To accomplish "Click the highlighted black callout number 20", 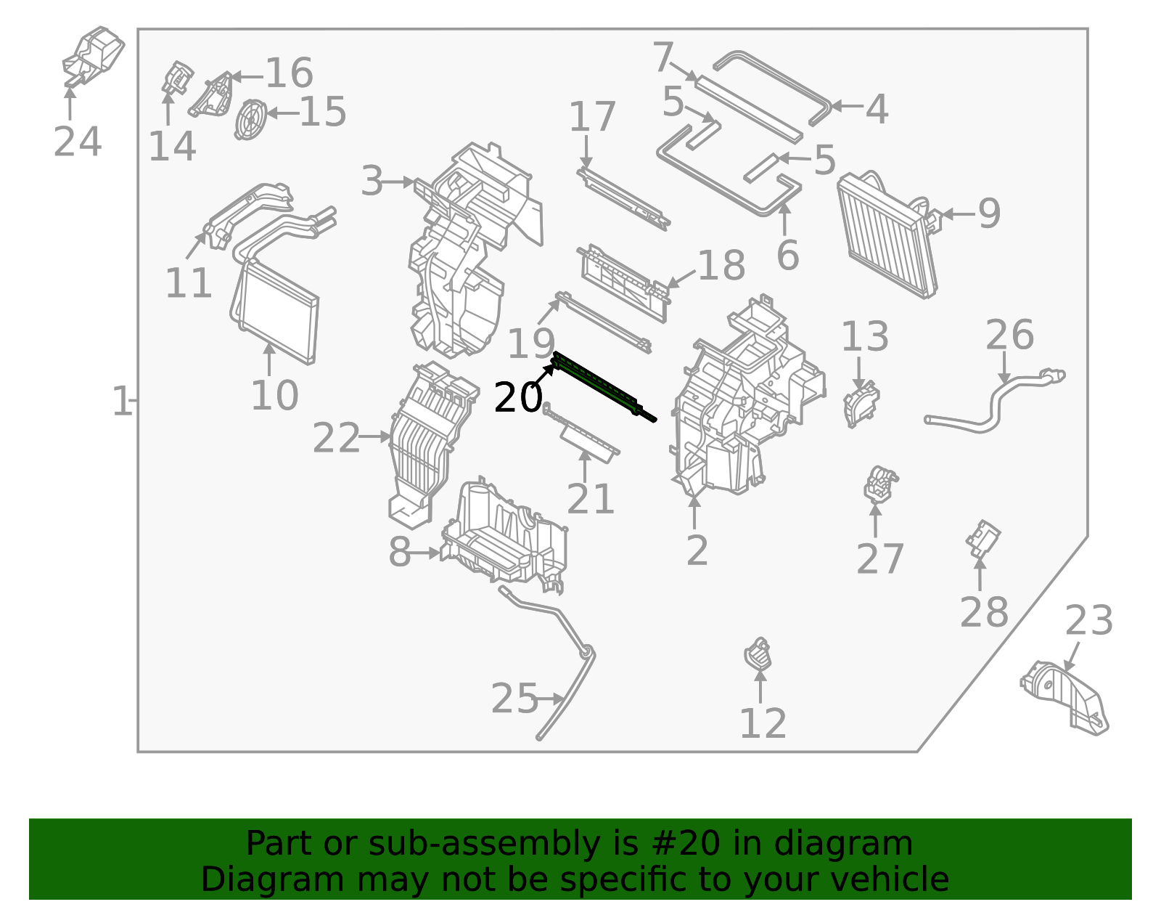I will tap(517, 398).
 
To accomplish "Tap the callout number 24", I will tap(77, 142).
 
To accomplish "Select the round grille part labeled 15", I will tap(250, 119).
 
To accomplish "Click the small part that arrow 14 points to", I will tap(176, 77).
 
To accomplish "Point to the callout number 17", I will tap(591, 118).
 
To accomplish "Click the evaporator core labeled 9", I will tap(887, 236).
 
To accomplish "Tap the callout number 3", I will tap(372, 182).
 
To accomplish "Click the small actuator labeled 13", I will tap(861, 404).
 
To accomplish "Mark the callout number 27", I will tap(879, 559).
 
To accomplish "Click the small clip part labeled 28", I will tap(982, 538).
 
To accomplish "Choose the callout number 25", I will tap(514, 699).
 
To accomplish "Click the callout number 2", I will tap(697, 551).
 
